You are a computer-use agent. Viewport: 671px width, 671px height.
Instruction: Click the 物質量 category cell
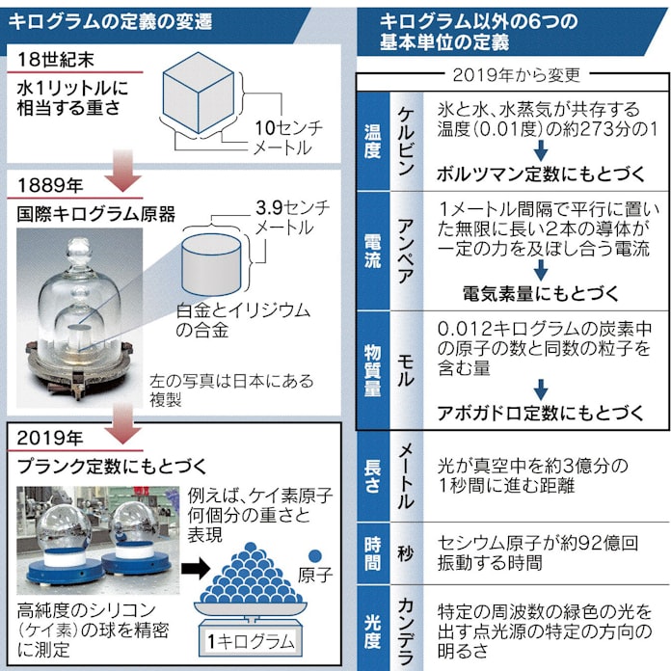pyautogui.click(x=371, y=371)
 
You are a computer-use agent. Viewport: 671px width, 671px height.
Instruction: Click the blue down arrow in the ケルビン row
pyautogui.click(x=541, y=150)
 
